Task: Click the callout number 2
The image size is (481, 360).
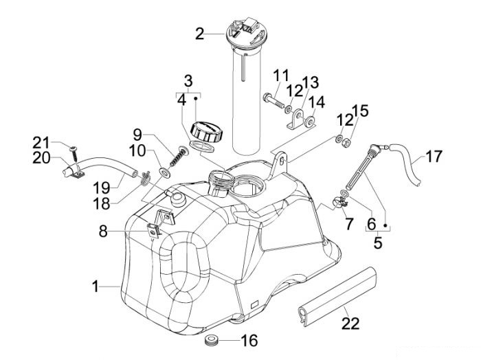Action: tap(200, 34)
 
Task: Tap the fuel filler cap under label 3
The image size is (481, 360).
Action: tap(207, 132)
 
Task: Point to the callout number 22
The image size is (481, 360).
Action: tap(350, 323)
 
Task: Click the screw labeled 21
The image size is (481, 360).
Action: tap(74, 154)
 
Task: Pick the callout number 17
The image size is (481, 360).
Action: tap(433, 156)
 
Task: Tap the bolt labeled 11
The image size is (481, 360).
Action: tap(272, 100)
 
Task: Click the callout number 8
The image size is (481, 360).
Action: tap(103, 232)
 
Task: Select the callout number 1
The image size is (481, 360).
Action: tap(96, 286)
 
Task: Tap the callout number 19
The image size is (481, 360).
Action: tap(102, 188)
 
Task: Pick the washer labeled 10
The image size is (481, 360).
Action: tap(165, 172)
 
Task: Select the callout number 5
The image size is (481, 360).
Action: tap(378, 243)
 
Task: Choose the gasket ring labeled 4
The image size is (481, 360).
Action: tap(203, 146)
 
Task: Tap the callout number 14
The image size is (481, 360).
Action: tap(316, 102)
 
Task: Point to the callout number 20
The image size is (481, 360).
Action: tap(41, 158)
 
